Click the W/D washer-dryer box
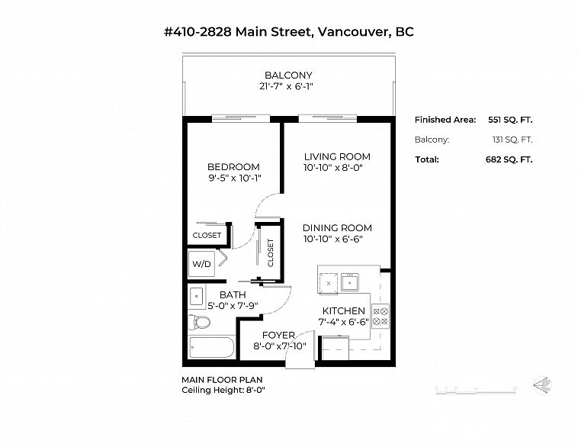202,265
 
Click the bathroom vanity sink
196,294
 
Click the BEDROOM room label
233,167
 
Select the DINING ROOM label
337,228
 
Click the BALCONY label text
288,75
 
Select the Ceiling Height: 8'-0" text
223,390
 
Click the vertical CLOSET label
270,252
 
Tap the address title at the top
288,32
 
